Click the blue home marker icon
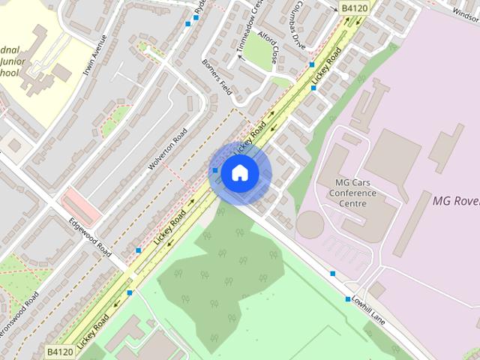[x=239, y=173]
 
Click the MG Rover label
[x=456, y=200]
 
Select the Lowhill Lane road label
[x=367, y=309]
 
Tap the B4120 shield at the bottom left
[x=61, y=351]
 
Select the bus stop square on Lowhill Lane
[x=333, y=274]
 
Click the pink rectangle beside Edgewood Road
[x=80, y=203]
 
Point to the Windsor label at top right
[x=465, y=11]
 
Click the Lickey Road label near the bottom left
[x=91, y=327]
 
